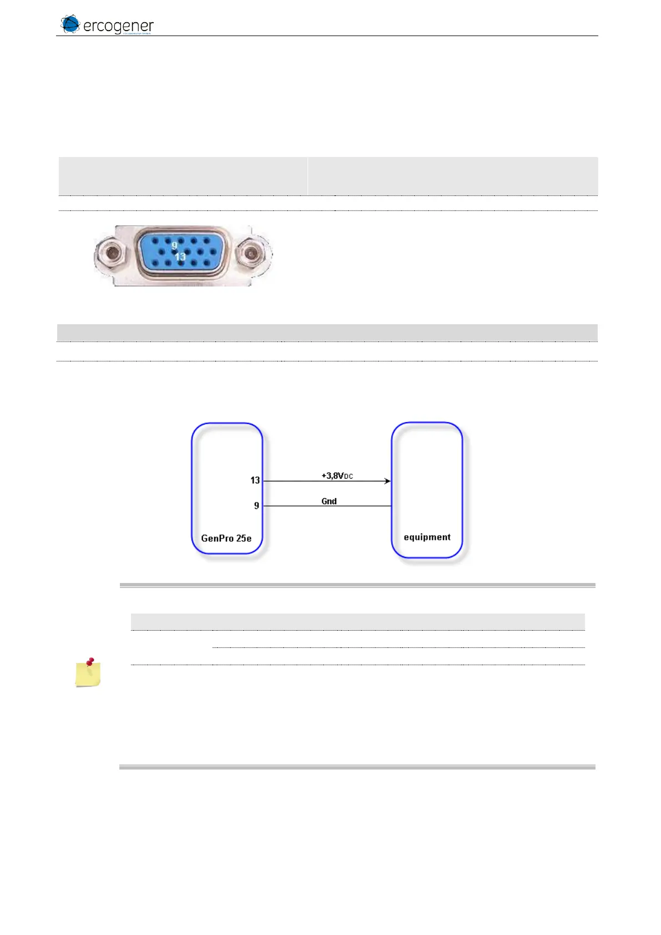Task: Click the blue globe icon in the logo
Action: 70,24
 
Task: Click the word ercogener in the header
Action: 118,26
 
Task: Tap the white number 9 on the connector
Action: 174,245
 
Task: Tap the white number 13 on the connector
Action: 180,257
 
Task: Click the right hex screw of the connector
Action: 251,255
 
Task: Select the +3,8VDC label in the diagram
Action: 337,476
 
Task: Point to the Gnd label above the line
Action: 329,501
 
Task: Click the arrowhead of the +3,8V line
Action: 387,481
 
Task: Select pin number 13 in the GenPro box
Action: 255,480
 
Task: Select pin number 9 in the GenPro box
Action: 256,506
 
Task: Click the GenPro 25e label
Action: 226,538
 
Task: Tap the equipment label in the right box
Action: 427,537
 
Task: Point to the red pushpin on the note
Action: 91,662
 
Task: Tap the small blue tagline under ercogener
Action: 136,33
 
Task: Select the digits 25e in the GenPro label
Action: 244,538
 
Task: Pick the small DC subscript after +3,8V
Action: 349,477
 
